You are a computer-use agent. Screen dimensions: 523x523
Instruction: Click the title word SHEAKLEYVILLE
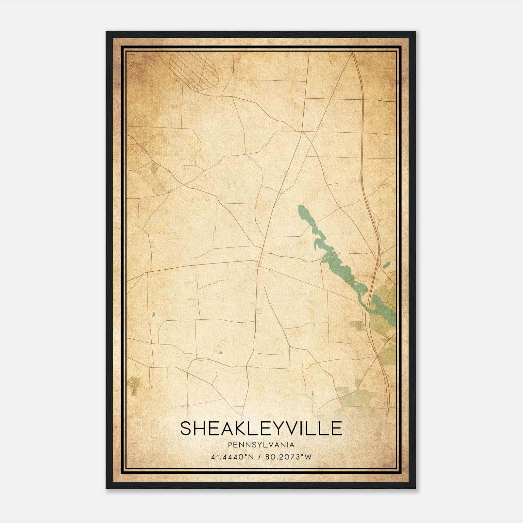[x=261, y=428]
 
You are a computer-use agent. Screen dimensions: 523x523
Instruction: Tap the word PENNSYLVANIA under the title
[x=261, y=445]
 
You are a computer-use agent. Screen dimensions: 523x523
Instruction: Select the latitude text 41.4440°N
[x=233, y=457]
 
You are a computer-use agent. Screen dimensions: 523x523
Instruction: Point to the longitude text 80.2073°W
[x=289, y=457]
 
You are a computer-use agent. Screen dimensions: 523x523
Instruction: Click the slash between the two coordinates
[x=260, y=457]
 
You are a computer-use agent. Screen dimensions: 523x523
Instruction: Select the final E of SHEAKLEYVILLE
[x=337, y=428]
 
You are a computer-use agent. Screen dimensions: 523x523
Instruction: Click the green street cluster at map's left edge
[x=134, y=385]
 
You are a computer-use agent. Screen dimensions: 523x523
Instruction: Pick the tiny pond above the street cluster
[x=153, y=315]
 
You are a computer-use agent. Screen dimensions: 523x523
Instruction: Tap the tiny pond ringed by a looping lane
[x=220, y=353]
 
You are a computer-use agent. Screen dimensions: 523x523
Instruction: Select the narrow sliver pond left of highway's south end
[x=312, y=393]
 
